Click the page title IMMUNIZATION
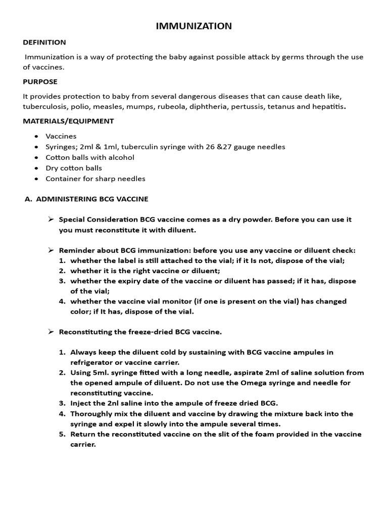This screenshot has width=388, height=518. [x=194, y=26]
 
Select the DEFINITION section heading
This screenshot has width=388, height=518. [x=44, y=42]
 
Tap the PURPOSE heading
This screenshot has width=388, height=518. [x=40, y=81]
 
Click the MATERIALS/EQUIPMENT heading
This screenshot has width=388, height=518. [x=69, y=121]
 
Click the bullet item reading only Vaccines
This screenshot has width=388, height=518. [x=61, y=136]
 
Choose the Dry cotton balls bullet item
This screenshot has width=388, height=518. [x=74, y=168]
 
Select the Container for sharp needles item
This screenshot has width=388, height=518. [x=95, y=179]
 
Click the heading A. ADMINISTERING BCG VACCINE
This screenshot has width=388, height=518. [x=86, y=199]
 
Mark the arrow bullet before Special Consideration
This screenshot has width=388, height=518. [x=51, y=220]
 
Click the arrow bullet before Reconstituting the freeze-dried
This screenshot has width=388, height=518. [x=51, y=332]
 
